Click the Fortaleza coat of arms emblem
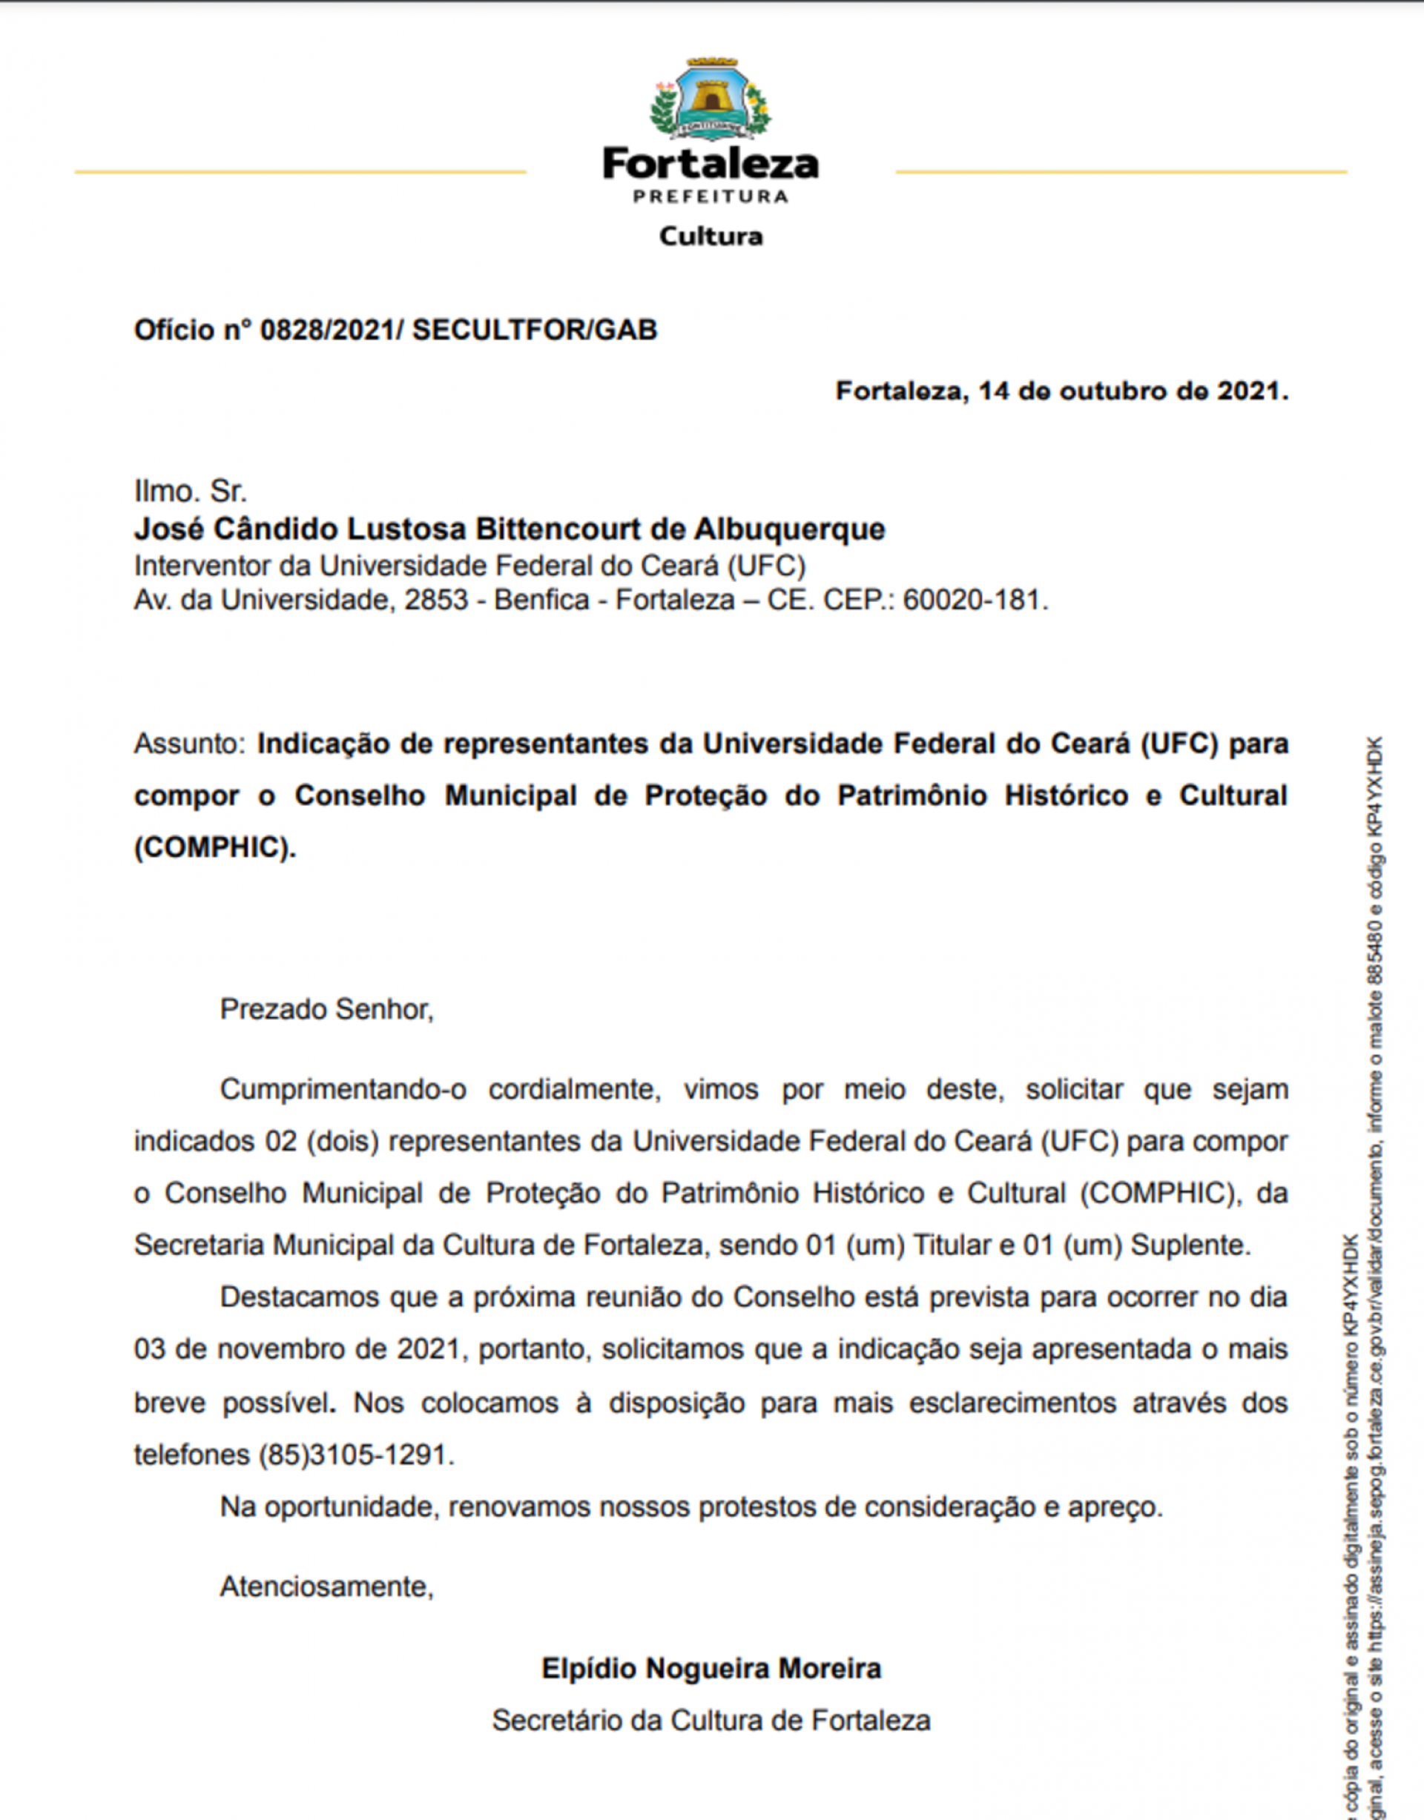[711, 99]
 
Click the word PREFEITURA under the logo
[711, 196]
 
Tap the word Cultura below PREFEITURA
[711, 236]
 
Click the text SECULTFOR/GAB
[535, 330]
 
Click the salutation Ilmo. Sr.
[190, 492]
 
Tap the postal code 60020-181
[973, 600]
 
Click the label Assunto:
[189, 744]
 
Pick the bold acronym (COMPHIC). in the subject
[214, 847]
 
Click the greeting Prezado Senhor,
[327, 1009]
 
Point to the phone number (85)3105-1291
[356, 1455]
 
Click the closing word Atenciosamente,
[327, 1586]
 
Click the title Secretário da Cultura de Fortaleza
[711, 1720]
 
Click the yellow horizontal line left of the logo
[300, 173]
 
